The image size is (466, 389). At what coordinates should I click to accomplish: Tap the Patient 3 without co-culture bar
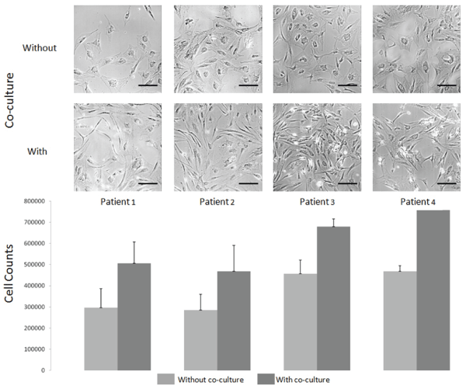[300, 322]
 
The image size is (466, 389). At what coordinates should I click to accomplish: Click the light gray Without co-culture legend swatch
[166, 380]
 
